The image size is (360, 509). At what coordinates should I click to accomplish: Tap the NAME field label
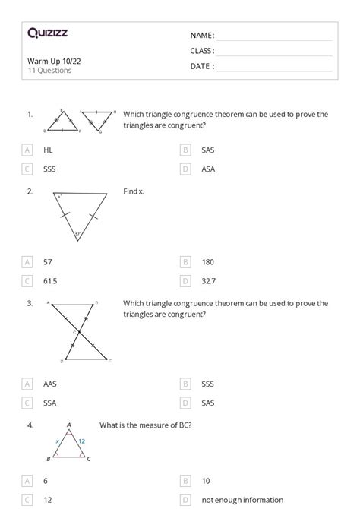pyautogui.click(x=202, y=36)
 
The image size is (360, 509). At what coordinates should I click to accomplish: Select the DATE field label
pyautogui.click(x=202, y=66)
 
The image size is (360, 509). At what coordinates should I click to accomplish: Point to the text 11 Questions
pyautogui.click(x=49, y=71)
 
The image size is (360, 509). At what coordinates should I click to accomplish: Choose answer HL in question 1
pyautogui.click(x=48, y=150)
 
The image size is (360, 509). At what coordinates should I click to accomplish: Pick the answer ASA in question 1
pyautogui.click(x=208, y=169)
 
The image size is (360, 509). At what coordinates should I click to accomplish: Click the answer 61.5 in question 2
pyautogui.click(x=51, y=281)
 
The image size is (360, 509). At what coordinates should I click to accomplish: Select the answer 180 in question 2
pyautogui.click(x=207, y=262)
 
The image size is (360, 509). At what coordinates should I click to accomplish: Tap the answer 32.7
pyautogui.click(x=208, y=281)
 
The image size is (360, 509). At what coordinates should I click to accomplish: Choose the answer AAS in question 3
pyautogui.click(x=50, y=384)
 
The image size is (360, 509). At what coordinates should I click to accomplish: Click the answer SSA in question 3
pyautogui.click(x=50, y=403)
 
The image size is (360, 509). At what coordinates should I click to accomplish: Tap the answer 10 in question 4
pyautogui.click(x=206, y=481)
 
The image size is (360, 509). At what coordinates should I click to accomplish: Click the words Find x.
pyautogui.click(x=134, y=192)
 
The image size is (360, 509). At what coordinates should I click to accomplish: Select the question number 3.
pyautogui.click(x=30, y=304)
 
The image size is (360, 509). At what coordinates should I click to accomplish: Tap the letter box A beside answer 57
pyautogui.click(x=28, y=262)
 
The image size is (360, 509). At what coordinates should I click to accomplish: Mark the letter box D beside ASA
pyautogui.click(x=185, y=169)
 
